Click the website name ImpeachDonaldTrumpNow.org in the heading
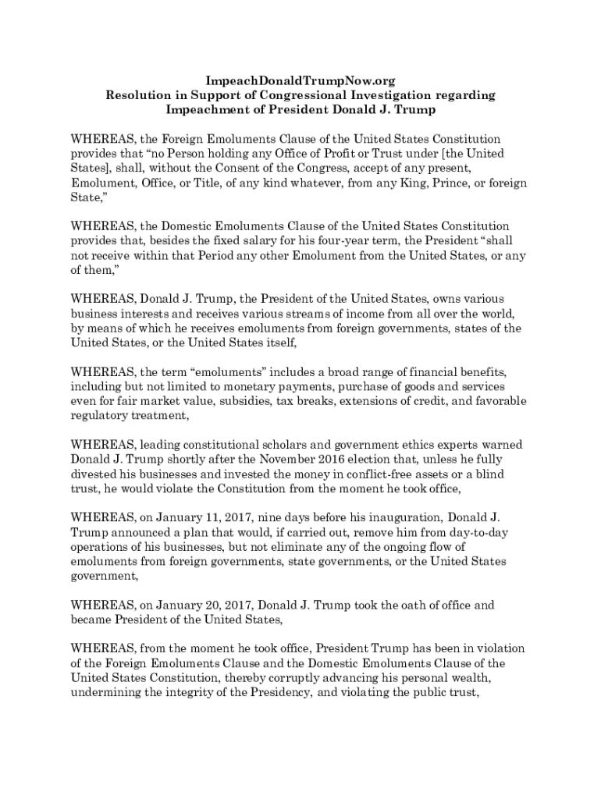[300, 80]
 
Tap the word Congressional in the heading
[305, 95]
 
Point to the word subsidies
[233, 401]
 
